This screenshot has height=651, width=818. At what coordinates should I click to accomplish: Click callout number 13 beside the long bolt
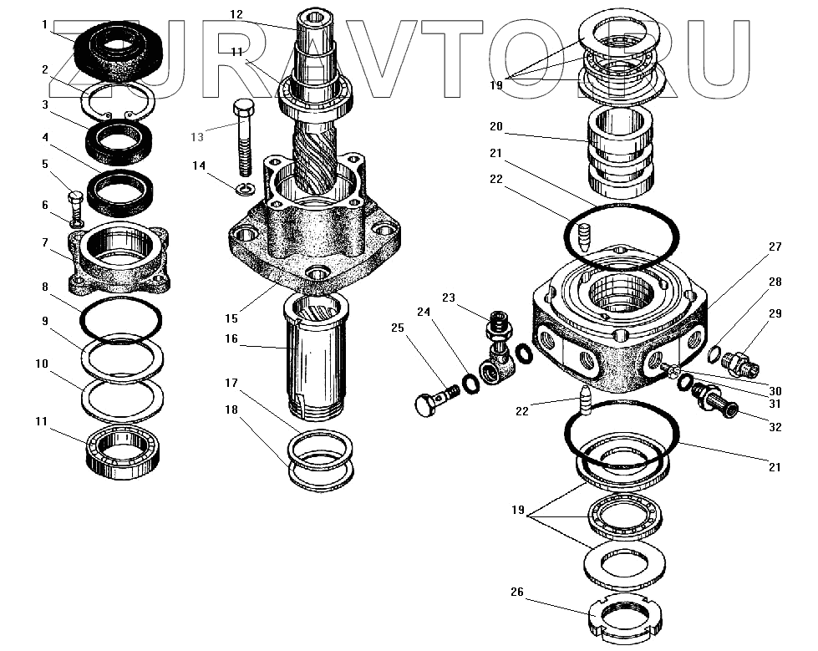point(196,137)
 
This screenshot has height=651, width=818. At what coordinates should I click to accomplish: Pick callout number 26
point(517,593)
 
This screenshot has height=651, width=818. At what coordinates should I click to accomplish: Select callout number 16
point(231,339)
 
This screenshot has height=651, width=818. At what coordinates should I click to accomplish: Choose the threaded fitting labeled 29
point(739,364)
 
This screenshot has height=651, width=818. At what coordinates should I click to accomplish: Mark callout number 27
point(775,247)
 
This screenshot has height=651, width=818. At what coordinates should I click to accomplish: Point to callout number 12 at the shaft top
point(236,14)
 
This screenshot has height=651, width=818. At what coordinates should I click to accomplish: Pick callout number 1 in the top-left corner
point(44,25)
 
